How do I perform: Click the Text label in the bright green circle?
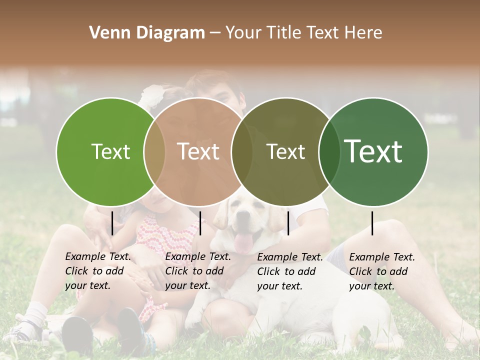coord(110,151)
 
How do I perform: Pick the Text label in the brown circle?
coord(198,151)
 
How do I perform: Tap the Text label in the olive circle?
coord(285,151)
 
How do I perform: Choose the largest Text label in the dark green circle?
coord(373,151)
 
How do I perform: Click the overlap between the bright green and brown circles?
coord(154,151)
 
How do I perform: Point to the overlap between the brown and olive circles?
coord(242,151)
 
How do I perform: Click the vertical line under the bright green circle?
coord(112,223)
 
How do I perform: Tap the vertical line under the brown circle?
coord(200,223)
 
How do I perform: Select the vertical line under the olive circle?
coord(288,223)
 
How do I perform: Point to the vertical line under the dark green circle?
coord(372,223)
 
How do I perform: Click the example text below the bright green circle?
coord(98,271)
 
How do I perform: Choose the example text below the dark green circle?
coord(382,271)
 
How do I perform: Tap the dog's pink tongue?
coord(243,243)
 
